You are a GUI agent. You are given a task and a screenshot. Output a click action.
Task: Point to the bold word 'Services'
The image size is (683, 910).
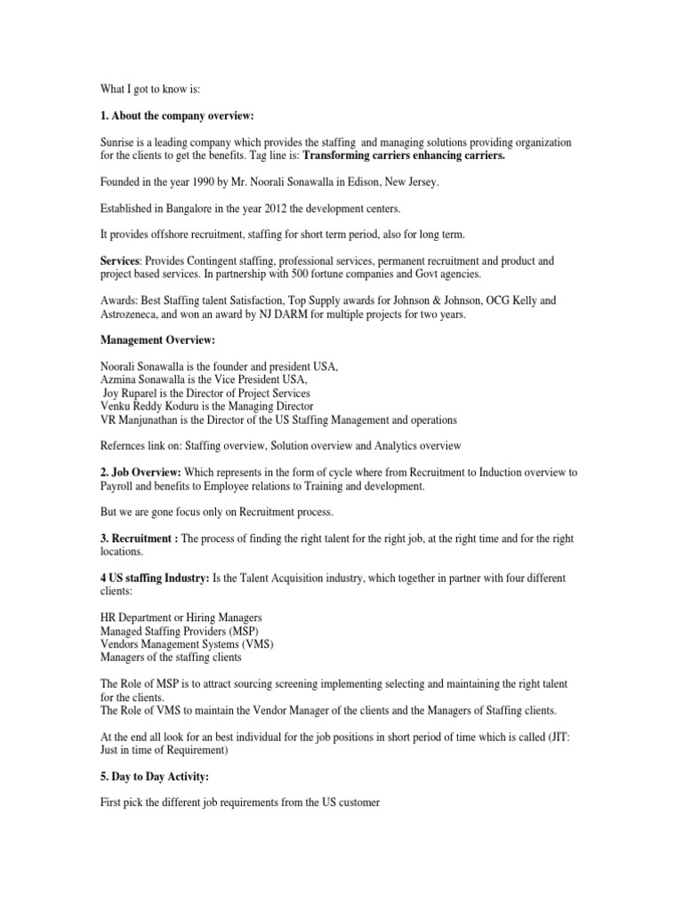coord(120,261)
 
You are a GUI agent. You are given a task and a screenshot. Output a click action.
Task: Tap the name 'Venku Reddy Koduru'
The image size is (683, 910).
coord(154,406)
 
